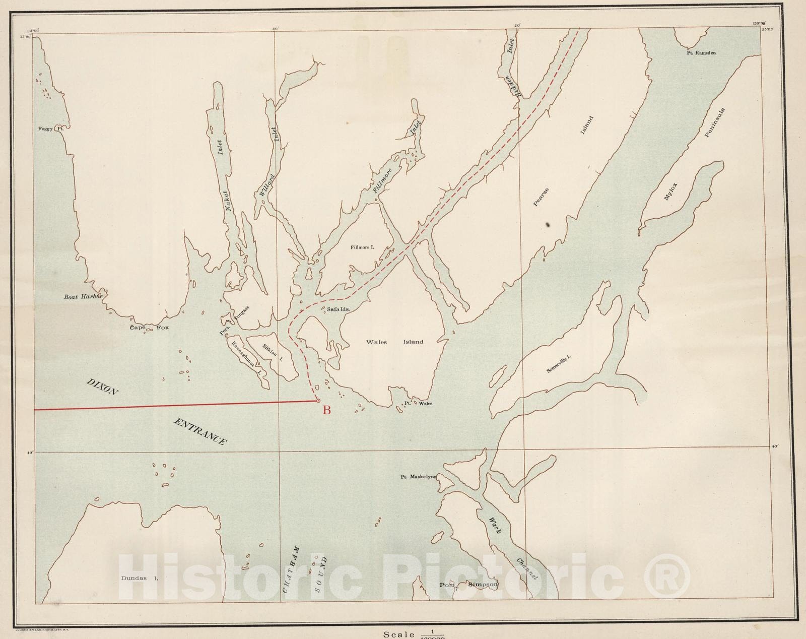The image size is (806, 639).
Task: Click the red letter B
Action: (x=326, y=410)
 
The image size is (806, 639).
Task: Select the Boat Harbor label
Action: (x=83, y=296)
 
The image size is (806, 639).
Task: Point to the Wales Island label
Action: (x=394, y=342)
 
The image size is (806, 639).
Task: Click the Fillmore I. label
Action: (x=363, y=247)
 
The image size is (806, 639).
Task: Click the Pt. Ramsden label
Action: (x=701, y=52)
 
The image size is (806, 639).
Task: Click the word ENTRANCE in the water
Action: (x=199, y=431)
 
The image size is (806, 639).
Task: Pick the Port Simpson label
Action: (x=468, y=585)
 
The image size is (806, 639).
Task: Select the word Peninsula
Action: (x=714, y=122)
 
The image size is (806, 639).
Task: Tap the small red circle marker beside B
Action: (x=318, y=401)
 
